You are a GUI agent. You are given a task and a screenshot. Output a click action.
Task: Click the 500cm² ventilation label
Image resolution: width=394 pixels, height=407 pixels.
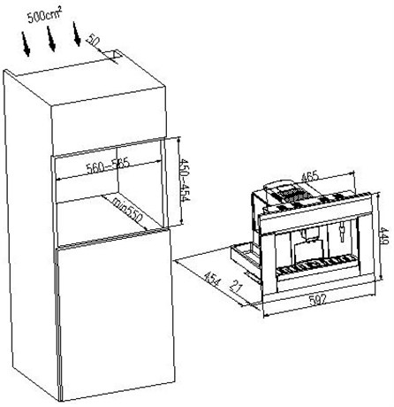(x=45, y=15)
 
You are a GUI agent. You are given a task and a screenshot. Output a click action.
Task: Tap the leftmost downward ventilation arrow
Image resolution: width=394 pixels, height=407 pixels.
(x=26, y=44)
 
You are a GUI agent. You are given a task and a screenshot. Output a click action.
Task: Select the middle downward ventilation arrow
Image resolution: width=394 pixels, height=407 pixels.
(x=51, y=39)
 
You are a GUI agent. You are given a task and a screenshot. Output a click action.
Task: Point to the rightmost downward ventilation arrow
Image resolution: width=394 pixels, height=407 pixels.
(x=77, y=35)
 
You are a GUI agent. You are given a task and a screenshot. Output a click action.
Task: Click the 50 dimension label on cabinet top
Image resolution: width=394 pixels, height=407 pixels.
(x=93, y=41)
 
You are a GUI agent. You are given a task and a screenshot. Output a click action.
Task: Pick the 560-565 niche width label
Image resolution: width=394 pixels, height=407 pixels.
(x=108, y=166)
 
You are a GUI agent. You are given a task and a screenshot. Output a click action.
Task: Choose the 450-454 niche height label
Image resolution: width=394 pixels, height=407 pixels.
(x=185, y=180)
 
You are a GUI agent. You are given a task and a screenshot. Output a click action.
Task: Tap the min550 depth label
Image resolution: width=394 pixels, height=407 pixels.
(x=128, y=210)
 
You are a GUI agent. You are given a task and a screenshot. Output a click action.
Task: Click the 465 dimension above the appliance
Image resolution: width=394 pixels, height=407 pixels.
(x=310, y=177)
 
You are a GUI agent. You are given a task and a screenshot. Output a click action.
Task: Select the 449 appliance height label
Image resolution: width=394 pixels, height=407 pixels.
(x=385, y=236)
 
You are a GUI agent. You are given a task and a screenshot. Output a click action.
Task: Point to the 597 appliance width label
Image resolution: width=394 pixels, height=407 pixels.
(x=318, y=300)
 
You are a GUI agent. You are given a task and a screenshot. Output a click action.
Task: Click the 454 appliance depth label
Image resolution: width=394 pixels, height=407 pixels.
(x=212, y=280)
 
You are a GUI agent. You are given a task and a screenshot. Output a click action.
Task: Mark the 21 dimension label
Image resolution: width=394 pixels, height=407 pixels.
(x=236, y=286)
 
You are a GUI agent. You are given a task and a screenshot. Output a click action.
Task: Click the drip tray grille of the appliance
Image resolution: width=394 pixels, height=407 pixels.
(x=315, y=264)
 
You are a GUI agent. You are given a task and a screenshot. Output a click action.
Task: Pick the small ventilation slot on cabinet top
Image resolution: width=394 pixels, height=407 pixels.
(x=114, y=55)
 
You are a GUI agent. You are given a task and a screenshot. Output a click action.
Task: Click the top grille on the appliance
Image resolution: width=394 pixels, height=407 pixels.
(x=292, y=195)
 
